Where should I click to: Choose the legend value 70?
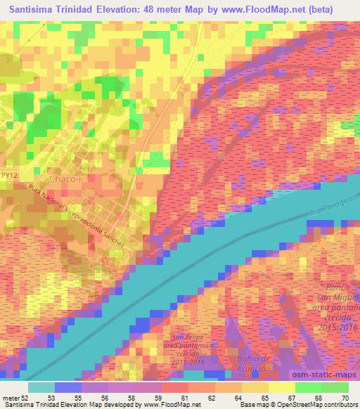344,397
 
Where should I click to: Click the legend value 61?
186,397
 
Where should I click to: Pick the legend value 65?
265,397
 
